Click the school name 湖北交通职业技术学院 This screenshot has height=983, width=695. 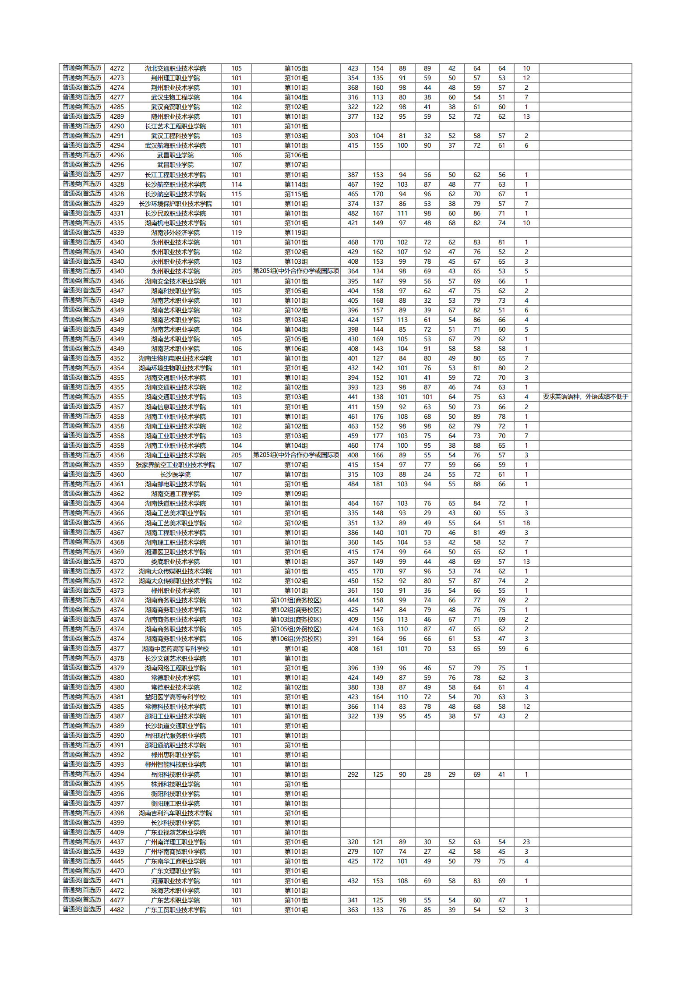pos(175,68)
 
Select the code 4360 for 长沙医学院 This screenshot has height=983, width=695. pos(117,474)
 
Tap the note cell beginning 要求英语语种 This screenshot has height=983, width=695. pos(585,397)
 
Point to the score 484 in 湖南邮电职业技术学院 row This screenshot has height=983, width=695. pos(353,484)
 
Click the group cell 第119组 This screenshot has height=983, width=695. pos(296,233)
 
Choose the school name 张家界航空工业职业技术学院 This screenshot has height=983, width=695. pos(175,465)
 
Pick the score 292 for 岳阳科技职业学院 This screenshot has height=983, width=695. pos(353,774)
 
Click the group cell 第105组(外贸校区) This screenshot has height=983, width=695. pos(296,629)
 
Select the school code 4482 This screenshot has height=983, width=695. pos(117,910)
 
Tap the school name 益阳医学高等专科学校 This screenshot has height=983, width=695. pos(175,697)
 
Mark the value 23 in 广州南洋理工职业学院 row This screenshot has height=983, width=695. pos(526,842)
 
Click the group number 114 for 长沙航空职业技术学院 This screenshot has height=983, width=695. pos(236,184)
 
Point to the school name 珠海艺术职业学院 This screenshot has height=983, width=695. pos(175,891)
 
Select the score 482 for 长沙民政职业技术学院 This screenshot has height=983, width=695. pos(353,213)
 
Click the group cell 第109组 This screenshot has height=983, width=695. pos(296,494)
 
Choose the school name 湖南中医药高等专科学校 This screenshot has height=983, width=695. pos(175,649)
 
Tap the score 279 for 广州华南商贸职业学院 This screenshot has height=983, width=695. pos(353,852)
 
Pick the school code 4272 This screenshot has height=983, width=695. pos(117,68)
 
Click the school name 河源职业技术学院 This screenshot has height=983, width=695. pos(175,881)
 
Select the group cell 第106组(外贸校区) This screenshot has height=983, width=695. pos(296,639)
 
